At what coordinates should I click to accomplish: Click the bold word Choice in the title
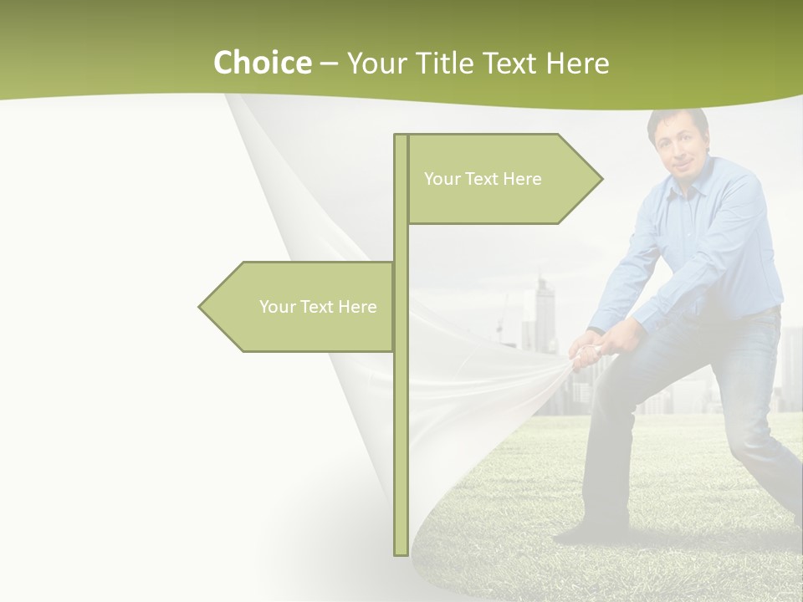[x=262, y=63]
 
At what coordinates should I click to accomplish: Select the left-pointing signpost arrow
[x=301, y=307]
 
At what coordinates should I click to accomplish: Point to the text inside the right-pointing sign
[x=483, y=179]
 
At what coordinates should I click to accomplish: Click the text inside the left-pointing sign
[x=318, y=307]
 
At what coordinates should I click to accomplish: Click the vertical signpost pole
[x=401, y=418]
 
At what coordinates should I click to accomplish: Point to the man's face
[x=679, y=148]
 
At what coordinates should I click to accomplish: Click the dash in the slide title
[x=329, y=64]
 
